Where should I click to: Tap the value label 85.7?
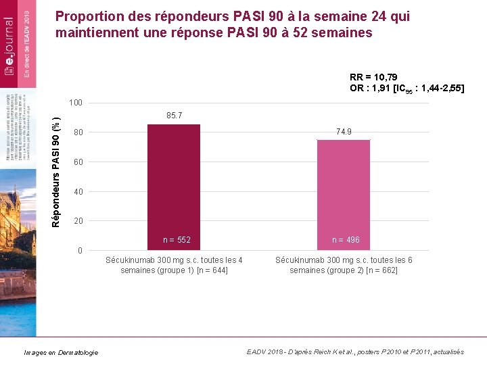[174, 117]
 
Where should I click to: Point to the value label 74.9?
[344, 132]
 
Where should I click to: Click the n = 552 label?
[177, 240]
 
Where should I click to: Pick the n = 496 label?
[346, 240]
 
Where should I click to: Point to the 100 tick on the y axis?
[76, 103]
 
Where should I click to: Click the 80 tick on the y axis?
[78, 132]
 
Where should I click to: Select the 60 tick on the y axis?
[78, 162]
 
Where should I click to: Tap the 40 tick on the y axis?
[78, 192]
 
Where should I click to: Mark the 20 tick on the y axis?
[78, 221]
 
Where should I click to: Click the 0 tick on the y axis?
[80, 251]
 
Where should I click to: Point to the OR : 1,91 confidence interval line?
[407, 89]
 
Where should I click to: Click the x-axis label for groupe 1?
[174, 265]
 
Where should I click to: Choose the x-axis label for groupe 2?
[344, 265]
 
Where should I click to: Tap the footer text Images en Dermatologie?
[61, 352]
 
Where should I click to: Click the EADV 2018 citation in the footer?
[355, 352]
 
